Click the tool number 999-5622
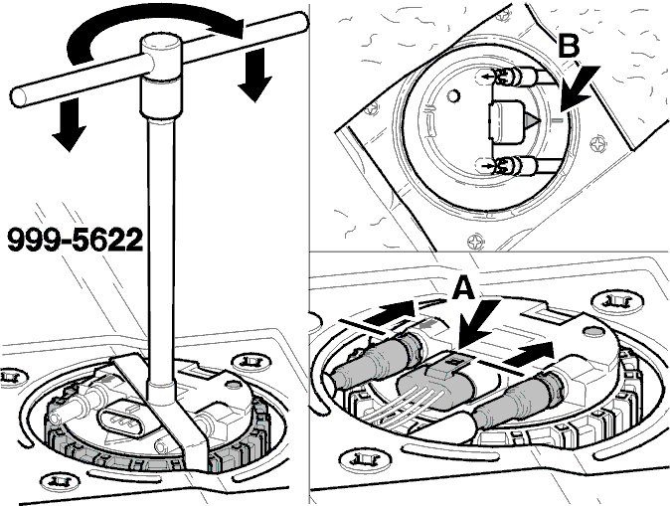[x=76, y=240]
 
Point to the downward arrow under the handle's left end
[x=70, y=124]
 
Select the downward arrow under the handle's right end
[x=255, y=75]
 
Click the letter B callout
[x=569, y=46]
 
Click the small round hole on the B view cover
[x=453, y=95]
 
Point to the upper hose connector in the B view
[x=518, y=77]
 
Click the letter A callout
[x=463, y=287]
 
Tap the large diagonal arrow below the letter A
[x=478, y=323]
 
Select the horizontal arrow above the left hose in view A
[x=390, y=313]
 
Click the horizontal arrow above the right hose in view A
[x=529, y=355]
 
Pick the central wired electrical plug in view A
[x=435, y=382]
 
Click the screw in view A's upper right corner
[x=616, y=302]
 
